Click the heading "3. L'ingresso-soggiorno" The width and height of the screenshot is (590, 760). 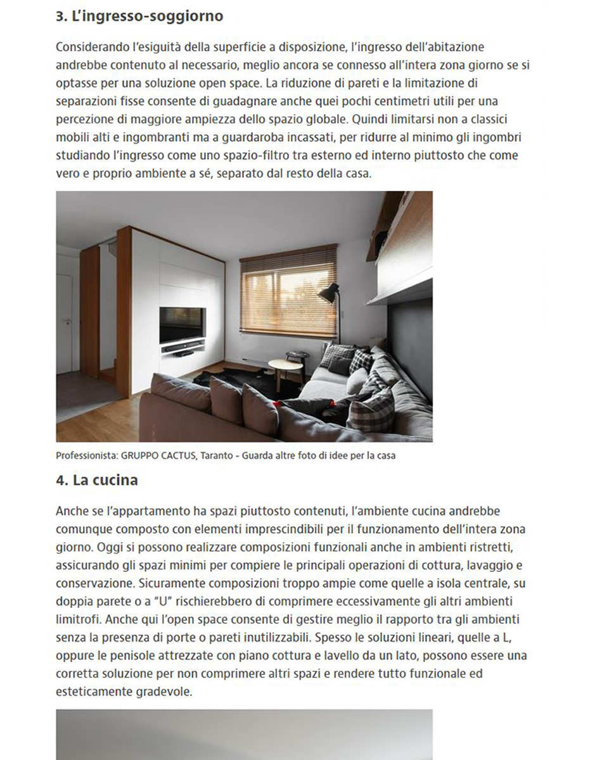point(139,16)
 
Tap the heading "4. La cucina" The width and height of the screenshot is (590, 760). point(96,480)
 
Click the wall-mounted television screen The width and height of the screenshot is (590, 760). point(183,324)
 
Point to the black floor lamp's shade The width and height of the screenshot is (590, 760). point(328,293)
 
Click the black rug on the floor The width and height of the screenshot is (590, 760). point(215,379)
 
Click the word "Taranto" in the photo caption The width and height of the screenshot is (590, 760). point(217,455)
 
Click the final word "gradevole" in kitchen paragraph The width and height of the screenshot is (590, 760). point(163,692)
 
